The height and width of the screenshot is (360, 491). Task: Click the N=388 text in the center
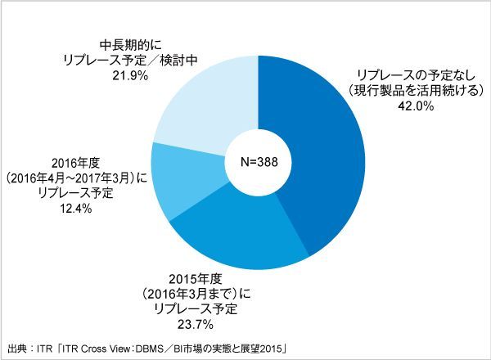258,161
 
